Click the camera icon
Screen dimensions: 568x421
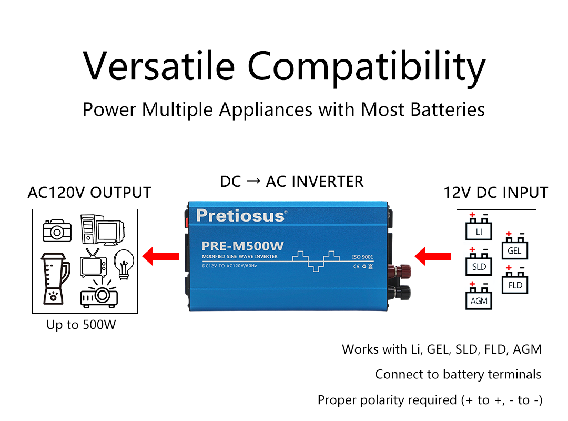click(57, 230)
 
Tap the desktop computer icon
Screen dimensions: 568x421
click(103, 229)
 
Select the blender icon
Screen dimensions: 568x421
click(55, 278)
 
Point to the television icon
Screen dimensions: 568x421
click(93, 263)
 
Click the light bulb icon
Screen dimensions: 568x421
click(124, 265)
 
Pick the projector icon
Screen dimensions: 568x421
click(99, 293)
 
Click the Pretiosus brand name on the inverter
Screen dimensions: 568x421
click(241, 216)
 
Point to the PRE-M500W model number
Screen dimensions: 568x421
click(242, 246)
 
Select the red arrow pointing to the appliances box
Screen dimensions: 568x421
click(160, 256)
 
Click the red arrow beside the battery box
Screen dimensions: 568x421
click(432, 256)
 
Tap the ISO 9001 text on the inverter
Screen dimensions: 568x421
click(362, 257)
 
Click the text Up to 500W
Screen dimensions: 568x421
click(81, 325)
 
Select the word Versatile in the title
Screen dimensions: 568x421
click(159, 66)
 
